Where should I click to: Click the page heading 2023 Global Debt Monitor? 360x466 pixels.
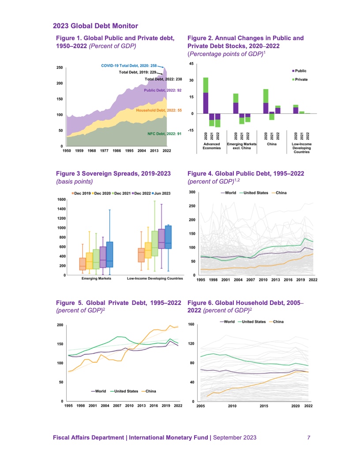click(x=95, y=26)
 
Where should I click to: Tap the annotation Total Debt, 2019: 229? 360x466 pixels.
click(x=138, y=71)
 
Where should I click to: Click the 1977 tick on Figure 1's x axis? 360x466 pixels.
click(x=104, y=150)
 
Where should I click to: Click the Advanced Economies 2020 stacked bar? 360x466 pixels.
click(x=206, y=95)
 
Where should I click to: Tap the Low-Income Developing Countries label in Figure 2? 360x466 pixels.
click(x=301, y=148)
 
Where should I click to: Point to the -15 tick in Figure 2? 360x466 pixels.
click(x=191, y=130)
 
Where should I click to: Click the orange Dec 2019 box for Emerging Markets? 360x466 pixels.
click(x=82, y=264)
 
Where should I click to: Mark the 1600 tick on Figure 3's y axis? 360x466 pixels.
click(x=61, y=199)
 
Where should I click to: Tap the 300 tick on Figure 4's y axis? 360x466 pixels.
click(x=192, y=192)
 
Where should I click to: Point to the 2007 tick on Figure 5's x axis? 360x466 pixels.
click(x=117, y=405)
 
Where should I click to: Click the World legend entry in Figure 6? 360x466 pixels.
click(x=227, y=322)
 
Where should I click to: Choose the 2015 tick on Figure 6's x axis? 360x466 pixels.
click(x=264, y=405)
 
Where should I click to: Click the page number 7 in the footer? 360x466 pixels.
click(x=309, y=437)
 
